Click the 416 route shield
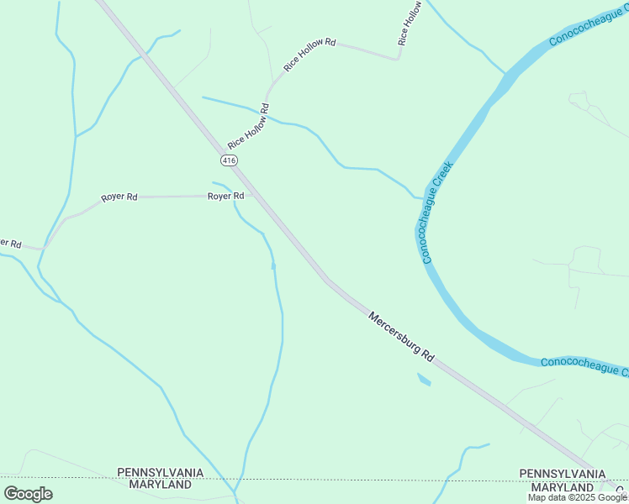(229, 160)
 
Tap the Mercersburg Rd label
(401, 336)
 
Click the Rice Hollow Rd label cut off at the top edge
(410, 23)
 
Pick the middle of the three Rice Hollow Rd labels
(309, 54)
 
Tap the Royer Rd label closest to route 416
(226, 196)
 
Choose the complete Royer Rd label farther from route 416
(119, 197)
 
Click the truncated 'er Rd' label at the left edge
(10, 243)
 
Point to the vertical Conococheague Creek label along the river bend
(437, 213)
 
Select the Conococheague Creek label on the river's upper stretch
(588, 25)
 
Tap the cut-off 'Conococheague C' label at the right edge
(584, 366)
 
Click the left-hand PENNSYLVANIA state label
(160, 473)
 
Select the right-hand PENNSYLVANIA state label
(562, 475)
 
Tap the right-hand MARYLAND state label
(562, 487)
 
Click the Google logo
(28, 494)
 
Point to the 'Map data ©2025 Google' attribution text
(577, 497)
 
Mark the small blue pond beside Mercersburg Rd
(424, 380)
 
